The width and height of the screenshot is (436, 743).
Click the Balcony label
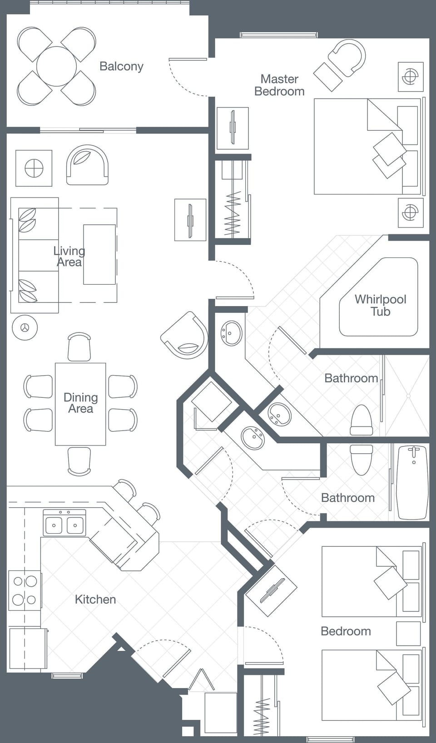coord(121,66)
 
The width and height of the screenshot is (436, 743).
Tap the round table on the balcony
coord(56,66)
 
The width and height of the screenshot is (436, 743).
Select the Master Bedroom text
coord(279,85)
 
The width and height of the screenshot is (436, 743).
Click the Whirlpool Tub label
coord(380,305)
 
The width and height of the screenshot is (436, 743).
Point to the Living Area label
coord(69,256)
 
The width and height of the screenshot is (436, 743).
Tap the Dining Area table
coord(80,403)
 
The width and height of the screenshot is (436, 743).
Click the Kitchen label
coord(95,599)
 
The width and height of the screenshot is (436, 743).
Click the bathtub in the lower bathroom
coord(413,482)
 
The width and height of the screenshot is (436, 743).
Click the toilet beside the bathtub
coord(362,459)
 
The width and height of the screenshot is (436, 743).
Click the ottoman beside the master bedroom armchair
coord(327,77)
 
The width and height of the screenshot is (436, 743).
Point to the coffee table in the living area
coord(99,254)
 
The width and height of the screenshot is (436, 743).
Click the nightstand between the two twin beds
coord(408,633)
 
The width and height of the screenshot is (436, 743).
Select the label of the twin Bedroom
coord(346,631)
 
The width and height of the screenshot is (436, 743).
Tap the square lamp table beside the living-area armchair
coord(34,168)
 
